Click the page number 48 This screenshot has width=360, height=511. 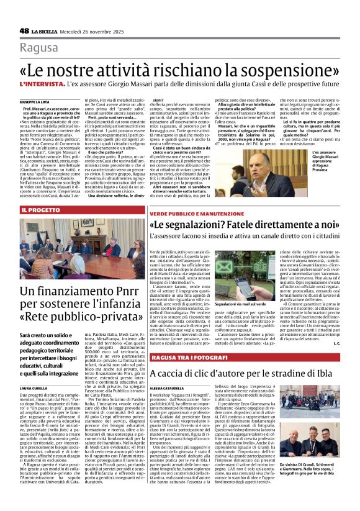pyautogui.click(x=24, y=30)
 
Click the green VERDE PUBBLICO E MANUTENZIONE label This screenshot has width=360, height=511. pyautogui.click(x=196, y=213)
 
